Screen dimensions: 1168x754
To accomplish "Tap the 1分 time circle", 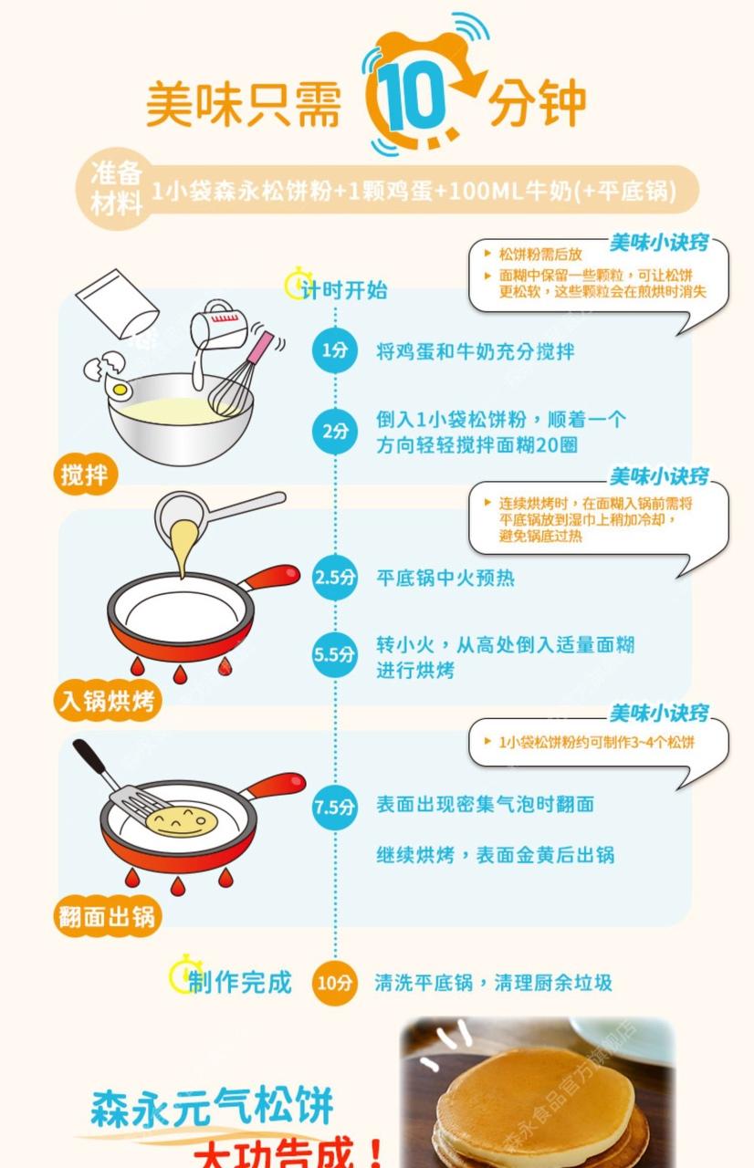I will pyautogui.click(x=335, y=350).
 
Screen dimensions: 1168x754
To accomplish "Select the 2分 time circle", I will pyautogui.click(x=335, y=432).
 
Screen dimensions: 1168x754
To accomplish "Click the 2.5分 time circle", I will pyautogui.click(x=335, y=578).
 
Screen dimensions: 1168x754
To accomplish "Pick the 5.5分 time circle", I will pyautogui.click(x=335, y=654).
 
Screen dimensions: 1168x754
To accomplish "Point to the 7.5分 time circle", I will pyautogui.click(x=335, y=807).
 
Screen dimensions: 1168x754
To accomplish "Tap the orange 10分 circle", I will pyautogui.click(x=335, y=983).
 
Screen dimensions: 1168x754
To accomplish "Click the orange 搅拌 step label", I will pyautogui.click(x=86, y=474).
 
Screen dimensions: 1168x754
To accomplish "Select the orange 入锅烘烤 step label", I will pyautogui.click(x=108, y=701).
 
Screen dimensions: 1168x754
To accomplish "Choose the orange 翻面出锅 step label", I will pyautogui.click(x=108, y=915).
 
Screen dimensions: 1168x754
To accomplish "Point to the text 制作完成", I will pyautogui.click(x=239, y=982).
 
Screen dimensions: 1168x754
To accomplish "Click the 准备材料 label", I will pyautogui.click(x=117, y=188).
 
